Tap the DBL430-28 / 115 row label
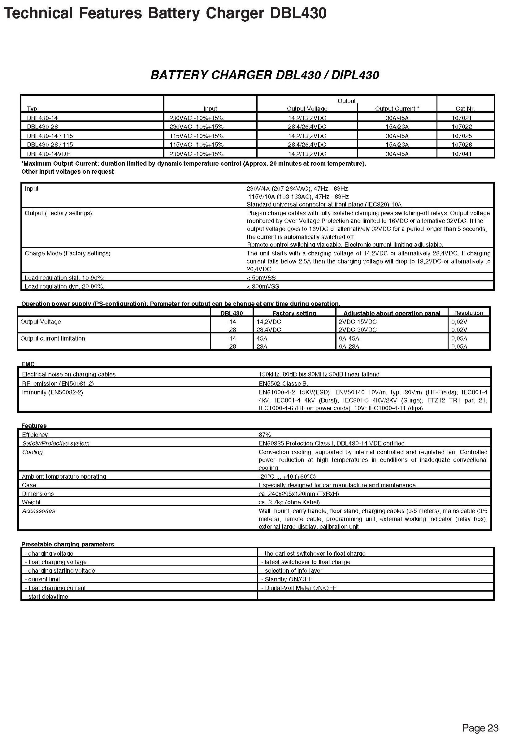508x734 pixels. pos(50,145)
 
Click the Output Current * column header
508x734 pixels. pos(397,109)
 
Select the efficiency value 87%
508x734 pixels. pos(264,435)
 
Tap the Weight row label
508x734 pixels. pos(31,502)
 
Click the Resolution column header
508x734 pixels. pos(468,313)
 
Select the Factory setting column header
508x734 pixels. pos(294,314)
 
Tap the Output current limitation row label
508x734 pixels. pos(53,339)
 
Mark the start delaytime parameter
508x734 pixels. pos(48,597)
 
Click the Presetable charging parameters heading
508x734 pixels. pos(67,544)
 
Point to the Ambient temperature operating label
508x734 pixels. pos(64,476)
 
